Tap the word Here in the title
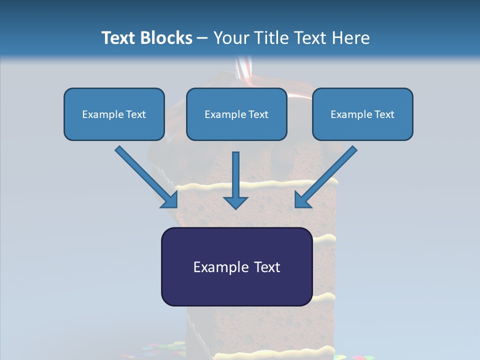[350, 38]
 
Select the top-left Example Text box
[114, 114]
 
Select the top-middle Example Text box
[236, 114]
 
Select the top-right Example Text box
[362, 114]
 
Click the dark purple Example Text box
[236, 266]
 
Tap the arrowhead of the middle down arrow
[235, 202]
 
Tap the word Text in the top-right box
[384, 114]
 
